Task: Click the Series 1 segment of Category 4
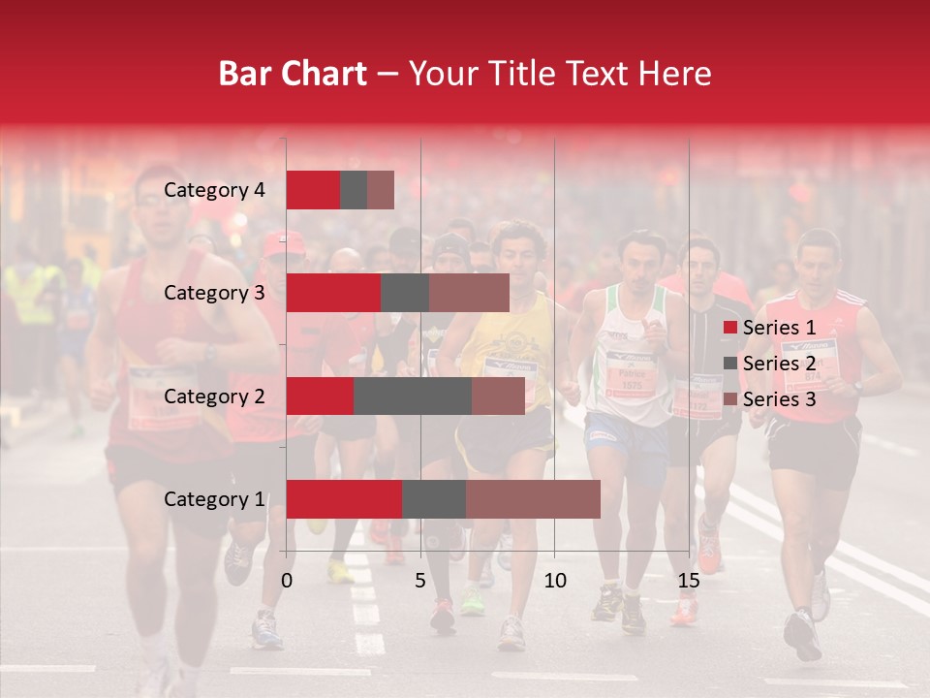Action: pyautogui.click(x=313, y=190)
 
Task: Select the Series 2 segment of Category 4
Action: pyautogui.click(x=354, y=190)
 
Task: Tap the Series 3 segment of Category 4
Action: pyautogui.click(x=381, y=190)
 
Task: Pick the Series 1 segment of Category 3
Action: pyautogui.click(x=333, y=293)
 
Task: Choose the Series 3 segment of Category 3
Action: pyautogui.click(x=469, y=293)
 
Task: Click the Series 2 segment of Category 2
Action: pyautogui.click(x=413, y=396)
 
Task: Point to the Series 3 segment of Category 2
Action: pyautogui.click(x=498, y=396)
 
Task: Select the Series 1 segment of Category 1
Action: pyautogui.click(x=344, y=499)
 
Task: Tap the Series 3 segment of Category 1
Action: pyautogui.click(x=533, y=499)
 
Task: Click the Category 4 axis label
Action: pyautogui.click(x=214, y=190)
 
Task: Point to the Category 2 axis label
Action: pyautogui.click(x=214, y=397)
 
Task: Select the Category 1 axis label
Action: pyautogui.click(x=214, y=499)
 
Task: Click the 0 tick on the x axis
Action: pyautogui.click(x=287, y=581)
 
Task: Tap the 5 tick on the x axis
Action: pyautogui.click(x=420, y=581)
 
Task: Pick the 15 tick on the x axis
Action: pyautogui.click(x=689, y=581)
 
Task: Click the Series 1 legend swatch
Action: pyautogui.click(x=729, y=328)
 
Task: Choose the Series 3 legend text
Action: pyautogui.click(x=779, y=399)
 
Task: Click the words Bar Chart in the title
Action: pyautogui.click(x=293, y=74)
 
